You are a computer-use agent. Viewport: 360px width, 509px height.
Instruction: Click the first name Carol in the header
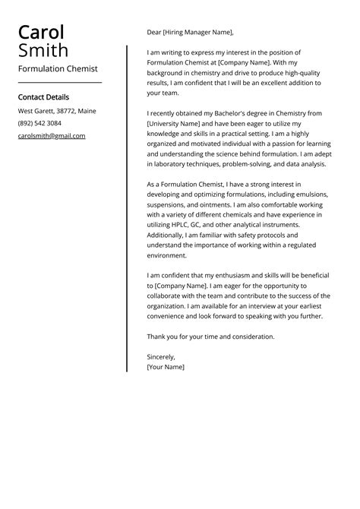(x=41, y=33)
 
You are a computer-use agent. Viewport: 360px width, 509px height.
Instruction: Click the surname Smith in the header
(x=43, y=51)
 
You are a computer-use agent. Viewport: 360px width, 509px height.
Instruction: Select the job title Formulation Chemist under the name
(x=58, y=68)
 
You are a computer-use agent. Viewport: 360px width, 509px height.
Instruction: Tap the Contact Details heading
(x=43, y=97)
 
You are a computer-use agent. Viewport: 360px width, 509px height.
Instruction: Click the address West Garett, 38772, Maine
(x=57, y=111)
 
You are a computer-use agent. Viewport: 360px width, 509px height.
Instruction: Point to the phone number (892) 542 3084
(x=39, y=123)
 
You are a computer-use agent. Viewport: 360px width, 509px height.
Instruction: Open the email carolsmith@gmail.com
(x=52, y=136)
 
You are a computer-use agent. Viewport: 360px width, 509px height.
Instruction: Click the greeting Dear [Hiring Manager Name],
(x=190, y=33)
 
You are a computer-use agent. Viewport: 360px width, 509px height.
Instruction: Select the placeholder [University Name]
(x=179, y=123)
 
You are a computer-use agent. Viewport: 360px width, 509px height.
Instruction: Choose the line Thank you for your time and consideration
(x=210, y=337)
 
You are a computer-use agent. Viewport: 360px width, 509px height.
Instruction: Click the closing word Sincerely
(x=161, y=356)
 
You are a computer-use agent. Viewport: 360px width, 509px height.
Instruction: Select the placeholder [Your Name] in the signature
(x=166, y=366)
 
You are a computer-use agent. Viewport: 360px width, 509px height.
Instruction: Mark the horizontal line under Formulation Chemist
(x=59, y=82)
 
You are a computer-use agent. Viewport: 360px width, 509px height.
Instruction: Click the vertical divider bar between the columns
(x=127, y=208)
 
